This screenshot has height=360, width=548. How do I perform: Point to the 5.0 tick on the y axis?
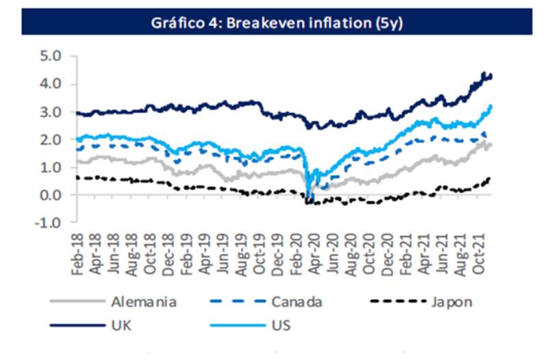(51, 56)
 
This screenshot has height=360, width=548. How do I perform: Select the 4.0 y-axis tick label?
(51, 84)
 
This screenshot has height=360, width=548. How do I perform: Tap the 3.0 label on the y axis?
(51, 112)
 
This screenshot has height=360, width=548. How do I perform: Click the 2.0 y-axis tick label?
(51, 140)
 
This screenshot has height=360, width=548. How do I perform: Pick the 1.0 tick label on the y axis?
(51, 167)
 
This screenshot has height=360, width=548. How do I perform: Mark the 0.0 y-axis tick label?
(51, 195)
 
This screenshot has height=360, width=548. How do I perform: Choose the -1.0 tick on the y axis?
(49, 222)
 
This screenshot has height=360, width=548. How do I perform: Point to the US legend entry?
(280, 324)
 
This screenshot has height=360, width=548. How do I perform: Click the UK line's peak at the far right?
(484, 73)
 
